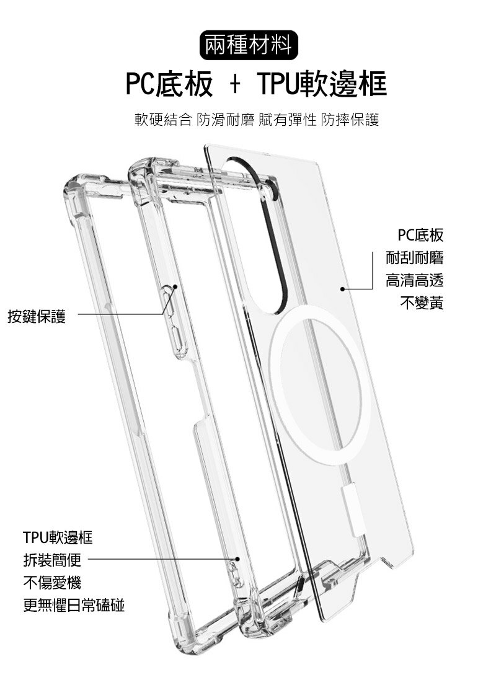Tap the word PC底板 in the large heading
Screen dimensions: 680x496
tap(168, 84)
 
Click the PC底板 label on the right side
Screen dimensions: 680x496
tap(420, 236)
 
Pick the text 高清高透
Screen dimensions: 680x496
tap(414, 281)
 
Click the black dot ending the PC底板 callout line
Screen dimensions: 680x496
tap(342, 289)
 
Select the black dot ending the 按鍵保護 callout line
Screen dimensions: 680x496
tap(175, 286)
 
